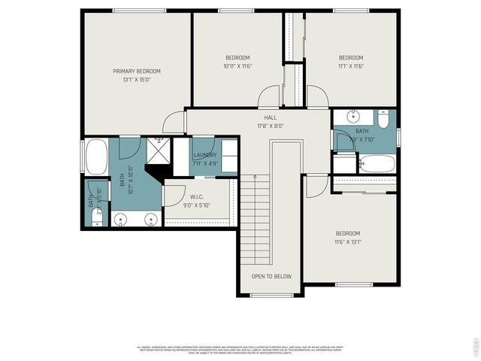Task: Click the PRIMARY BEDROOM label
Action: point(137,71)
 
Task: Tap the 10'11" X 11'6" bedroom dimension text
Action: point(237,66)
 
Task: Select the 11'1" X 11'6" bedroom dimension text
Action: point(350,66)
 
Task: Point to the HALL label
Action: point(271,117)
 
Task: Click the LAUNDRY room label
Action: point(204,155)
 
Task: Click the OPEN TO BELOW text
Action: point(271,277)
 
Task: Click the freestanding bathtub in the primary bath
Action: point(97,157)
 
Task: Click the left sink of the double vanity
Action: point(121,220)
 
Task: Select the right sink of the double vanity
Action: point(150,220)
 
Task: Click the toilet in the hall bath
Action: point(383,120)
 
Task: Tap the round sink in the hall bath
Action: point(353,117)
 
